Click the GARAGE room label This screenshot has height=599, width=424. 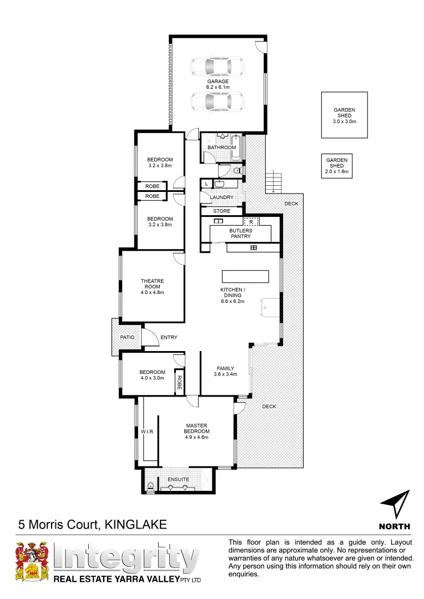[x=218, y=82]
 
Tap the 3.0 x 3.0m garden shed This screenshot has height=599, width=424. [x=344, y=115]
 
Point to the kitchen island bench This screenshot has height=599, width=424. [x=245, y=276]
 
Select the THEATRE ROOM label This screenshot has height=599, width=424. [x=152, y=283]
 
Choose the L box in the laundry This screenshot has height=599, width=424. [x=206, y=184]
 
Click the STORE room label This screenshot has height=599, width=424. [x=221, y=211]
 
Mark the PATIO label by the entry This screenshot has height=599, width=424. [x=128, y=337]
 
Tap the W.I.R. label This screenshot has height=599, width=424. [x=147, y=431]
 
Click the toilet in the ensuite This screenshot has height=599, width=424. [x=150, y=486]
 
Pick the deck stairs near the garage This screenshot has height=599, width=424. [x=274, y=182]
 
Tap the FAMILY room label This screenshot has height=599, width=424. [x=225, y=368]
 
